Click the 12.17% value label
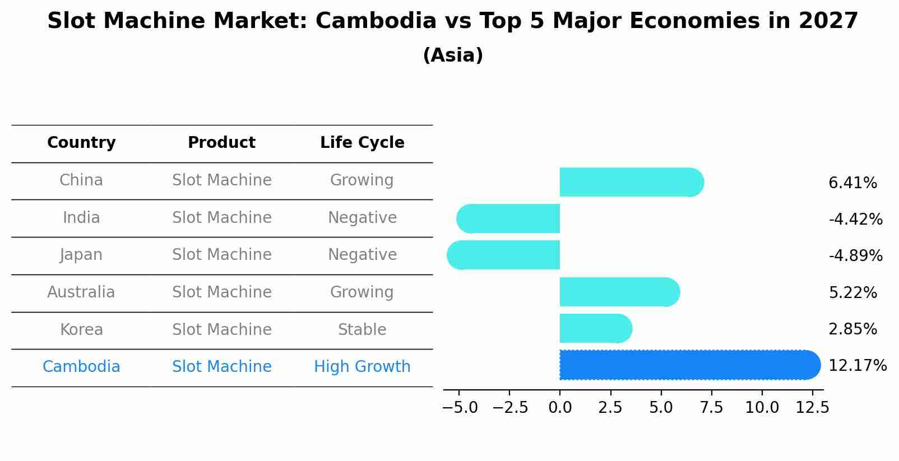[857, 366]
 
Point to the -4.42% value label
[855, 219]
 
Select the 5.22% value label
[852, 292]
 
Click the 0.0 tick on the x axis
[560, 408]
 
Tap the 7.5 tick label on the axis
[711, 408]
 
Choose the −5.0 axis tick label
[460, 408]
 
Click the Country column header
[81, 143]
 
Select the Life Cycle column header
[362, 143]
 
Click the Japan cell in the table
[81, 255]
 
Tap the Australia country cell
[81, 292]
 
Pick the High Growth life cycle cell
[362, 367]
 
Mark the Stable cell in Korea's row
[362, 330]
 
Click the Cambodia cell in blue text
[81, 367]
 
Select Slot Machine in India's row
[222, 218]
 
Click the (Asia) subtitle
[453, 55]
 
